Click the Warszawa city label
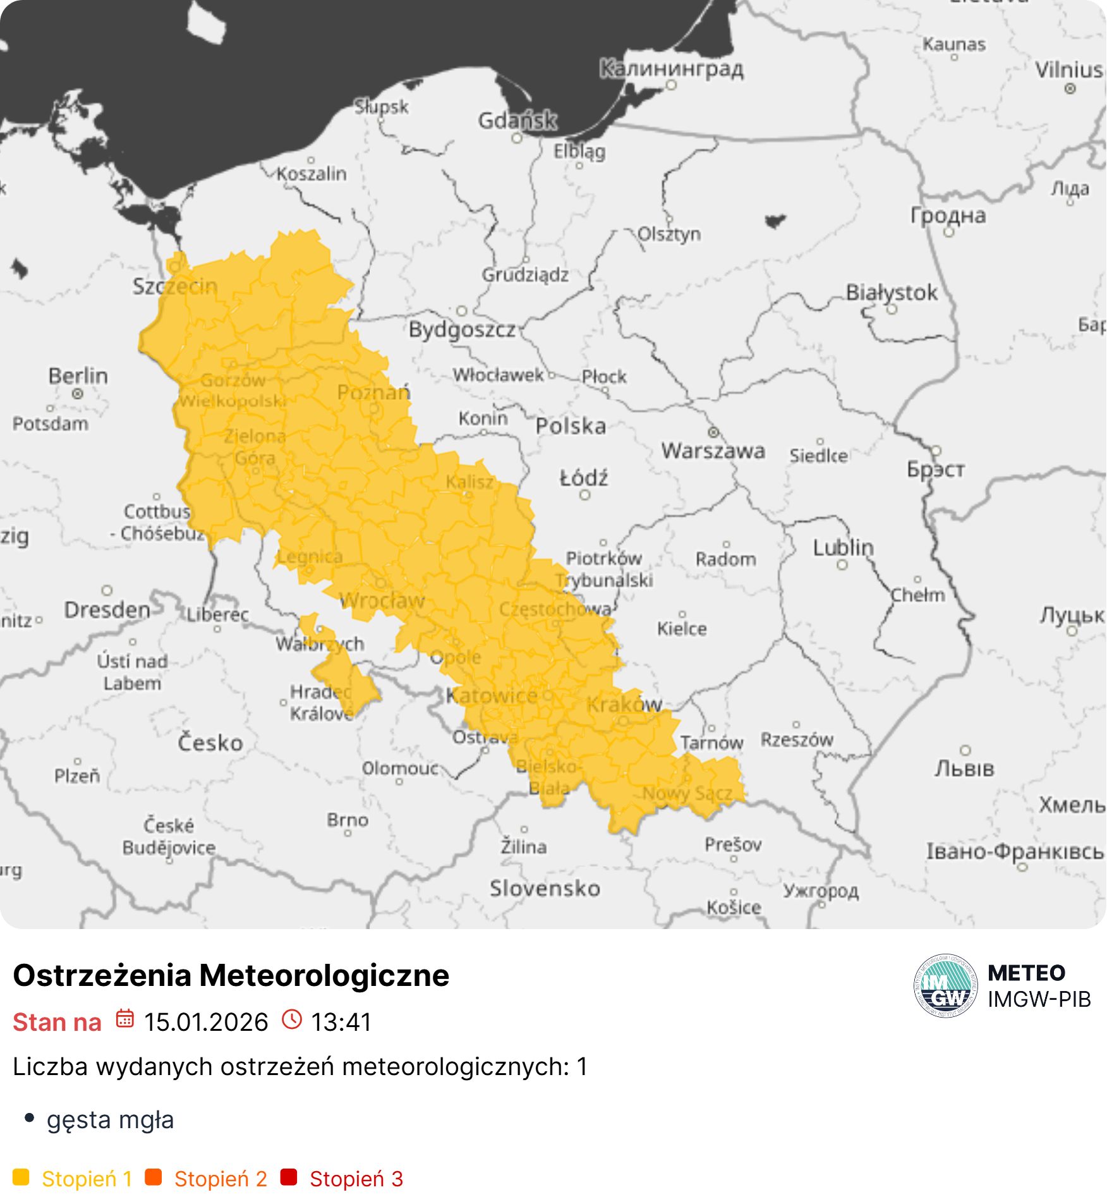pyautogui.click(x=713, y=451)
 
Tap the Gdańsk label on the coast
pyautogui.click(x=517, y=120)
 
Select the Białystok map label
pyautogui.click(x=892, y=293)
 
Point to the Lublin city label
pyautogui.click(x=843, y=547)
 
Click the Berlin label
pyautogui.click(x=78, y=376)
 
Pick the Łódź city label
pyautogui.click(x=584, y=478)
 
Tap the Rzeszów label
pyautogui.click(x=797, y=739)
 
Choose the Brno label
pyautogui.click(x=348, y=820)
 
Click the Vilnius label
pyautogui.click(x=1069, y=70)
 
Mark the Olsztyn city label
pyautogui.click(x=669, y=234)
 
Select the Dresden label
pyautogui.click(x=107, y=610)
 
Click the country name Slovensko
pyautogui.click(x=545, y=889)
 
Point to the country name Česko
pyautogui.click(x=210, y=743)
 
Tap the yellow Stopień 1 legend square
pyautogui.click(x=21, y=1177)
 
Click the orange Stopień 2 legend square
pyautogui.click(x=154, y=1177)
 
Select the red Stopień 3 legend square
pyautogui.click(x=289, y=1177)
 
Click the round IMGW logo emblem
pyautogui.click(x=945, y=986)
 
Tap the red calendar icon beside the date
pyautogui.click(x=125, y=1019)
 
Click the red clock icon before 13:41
pyautogui.click(x=292, y=1019)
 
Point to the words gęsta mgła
pyautogui.click(x=110, y=1119)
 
